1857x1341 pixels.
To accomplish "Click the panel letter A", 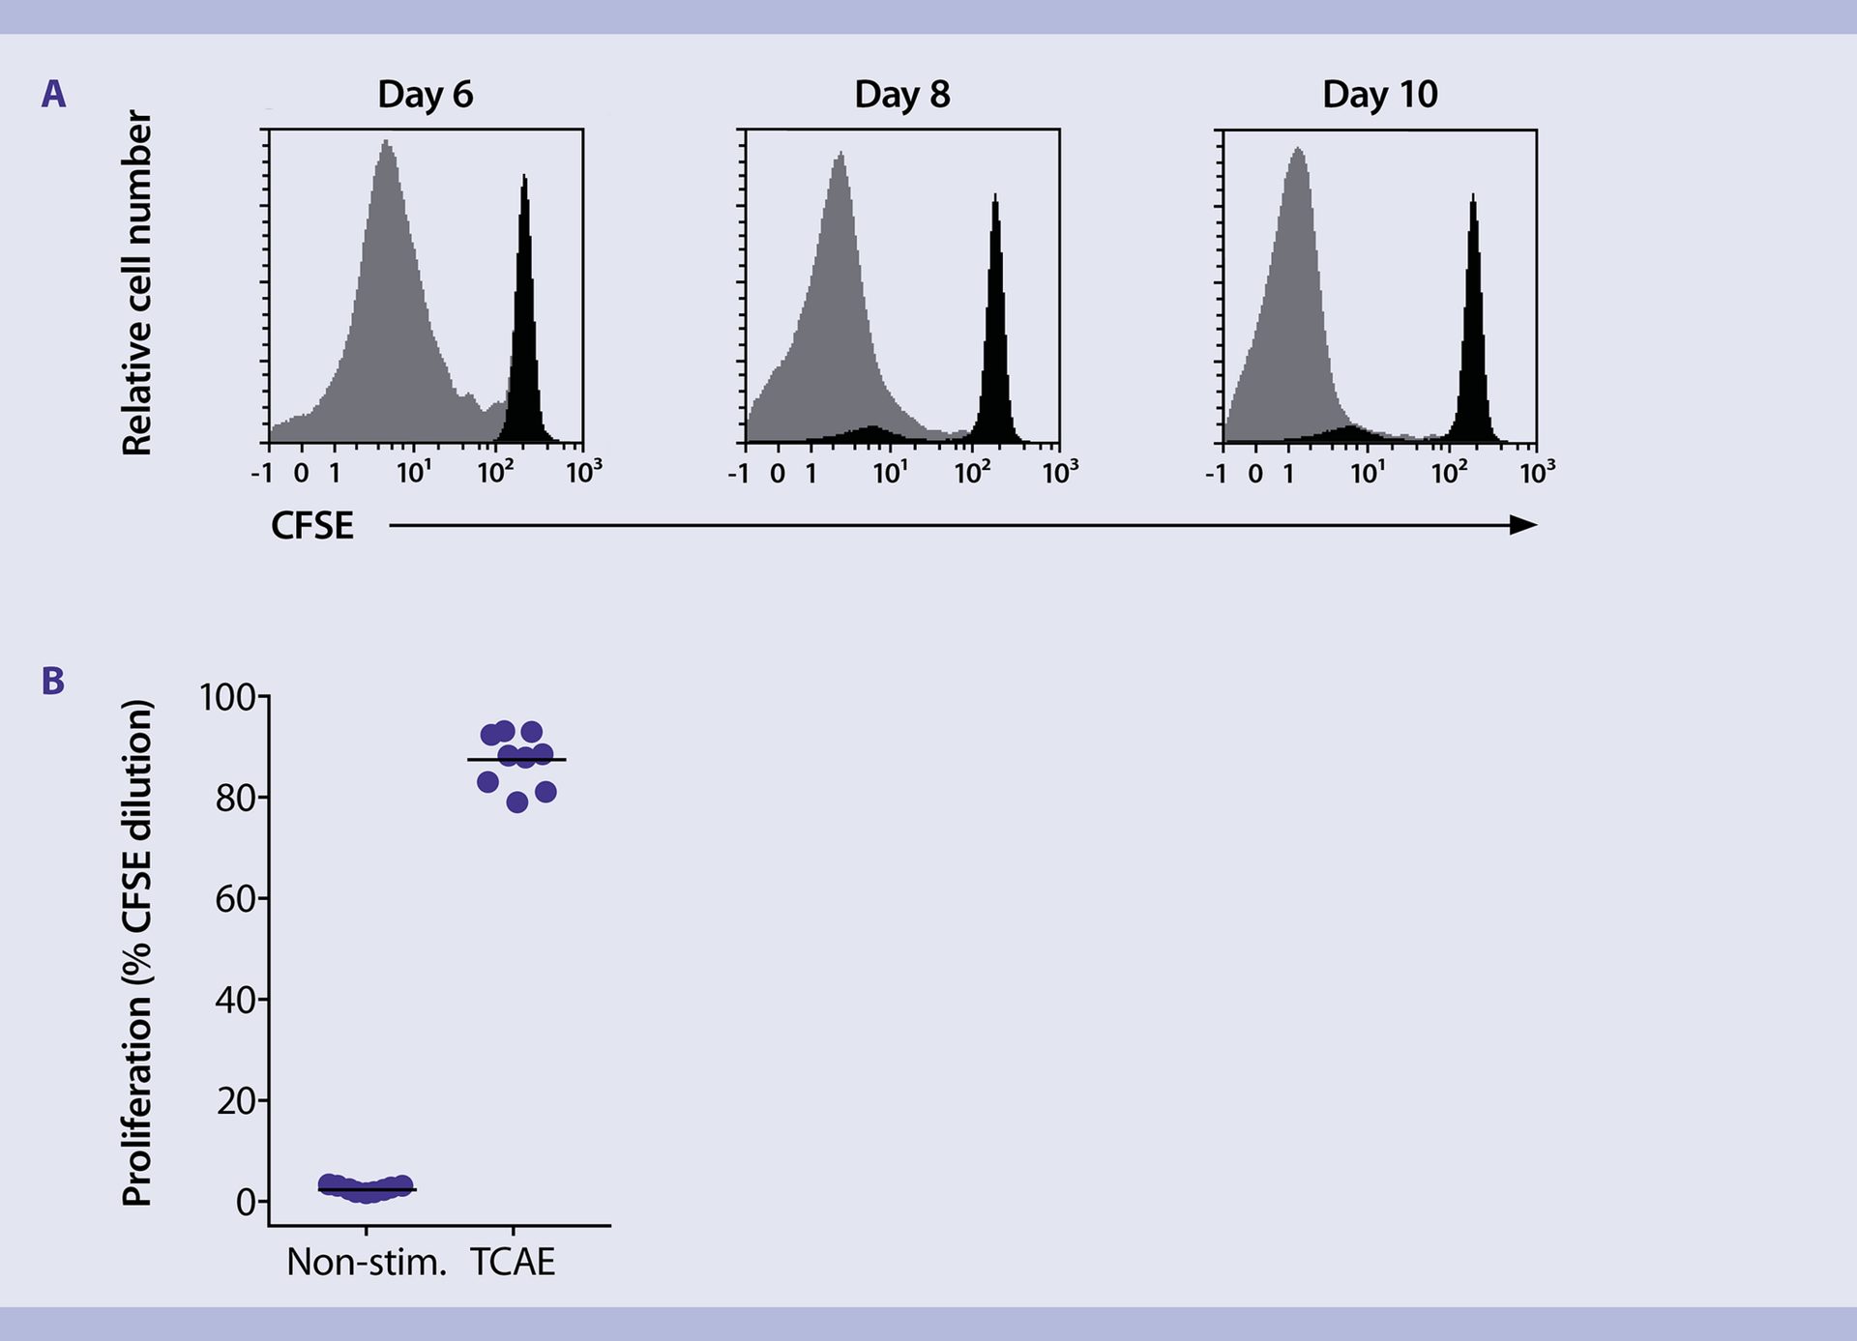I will click(x=53, y=95).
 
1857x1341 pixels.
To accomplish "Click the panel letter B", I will click(x=53, y=681).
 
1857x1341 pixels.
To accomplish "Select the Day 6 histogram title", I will click(x=425, y=95).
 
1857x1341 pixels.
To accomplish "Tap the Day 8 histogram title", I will click(x=901, y=95).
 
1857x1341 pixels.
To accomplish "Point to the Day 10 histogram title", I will click(x=1379, y=95).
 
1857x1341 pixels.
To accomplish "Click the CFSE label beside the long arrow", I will click(x=311, y=526).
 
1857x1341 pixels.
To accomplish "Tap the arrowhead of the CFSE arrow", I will click(x=1524, y=525).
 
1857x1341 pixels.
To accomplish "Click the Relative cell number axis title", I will click(x=136, y=282).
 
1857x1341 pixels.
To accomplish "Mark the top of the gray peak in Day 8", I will click(x=840, y=154).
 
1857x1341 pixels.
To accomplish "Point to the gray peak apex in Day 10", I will click(x=1298, y=149).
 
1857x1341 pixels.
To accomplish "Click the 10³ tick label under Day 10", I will click(x=1536, y=473).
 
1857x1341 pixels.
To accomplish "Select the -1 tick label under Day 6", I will click(x=261, y=474).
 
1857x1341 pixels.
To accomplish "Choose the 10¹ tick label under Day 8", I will click(x=890, y=473).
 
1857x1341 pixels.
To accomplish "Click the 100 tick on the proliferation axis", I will click(x=227, y=696).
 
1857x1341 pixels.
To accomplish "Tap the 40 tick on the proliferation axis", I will click(x=235, y=1000).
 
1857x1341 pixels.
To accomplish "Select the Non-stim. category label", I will click(x=367, y=1263).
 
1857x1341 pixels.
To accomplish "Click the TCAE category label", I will click(x=513, y=1263).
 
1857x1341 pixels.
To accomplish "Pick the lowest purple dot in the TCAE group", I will click(x=517, y=802).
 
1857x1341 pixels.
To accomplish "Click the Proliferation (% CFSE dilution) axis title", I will click(x=136, y=952).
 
